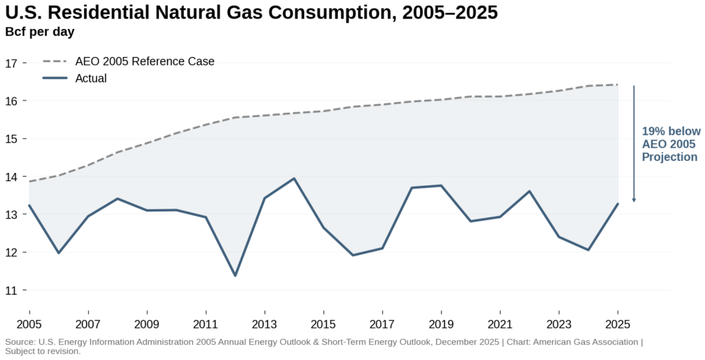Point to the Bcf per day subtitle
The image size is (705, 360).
coord(40,31)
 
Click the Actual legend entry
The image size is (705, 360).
coord(91,78)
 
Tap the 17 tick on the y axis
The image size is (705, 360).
coord(11,63)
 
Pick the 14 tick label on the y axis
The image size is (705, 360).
coord(11,177)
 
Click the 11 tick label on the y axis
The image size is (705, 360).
coord(11,290)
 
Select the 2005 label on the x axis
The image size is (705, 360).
coord(29,324)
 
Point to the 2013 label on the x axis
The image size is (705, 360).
coord(264,324)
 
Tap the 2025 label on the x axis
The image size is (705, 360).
coord(618,324)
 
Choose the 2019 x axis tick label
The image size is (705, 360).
coord(441,324)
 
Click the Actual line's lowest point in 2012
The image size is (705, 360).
coord(235,275)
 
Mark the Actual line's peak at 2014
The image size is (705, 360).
coord(295,179)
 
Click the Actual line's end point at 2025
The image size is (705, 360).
coord(618,204)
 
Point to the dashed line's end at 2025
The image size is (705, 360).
coord(618,85)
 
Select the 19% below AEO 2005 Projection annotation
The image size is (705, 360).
coord(671,144)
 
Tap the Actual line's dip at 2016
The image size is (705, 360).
coord(353,255)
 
